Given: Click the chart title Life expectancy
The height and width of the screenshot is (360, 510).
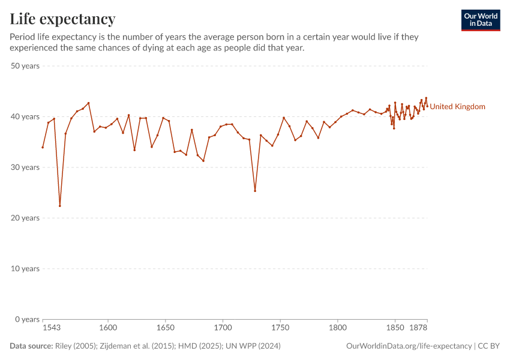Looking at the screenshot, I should (x=62, y=19).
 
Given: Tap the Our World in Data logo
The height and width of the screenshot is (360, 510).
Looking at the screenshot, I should (x=481, y=20).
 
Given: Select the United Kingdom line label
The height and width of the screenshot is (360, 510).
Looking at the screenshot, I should (x=457, y=107).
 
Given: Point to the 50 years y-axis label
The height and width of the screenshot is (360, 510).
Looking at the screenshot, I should (x=25, y=66).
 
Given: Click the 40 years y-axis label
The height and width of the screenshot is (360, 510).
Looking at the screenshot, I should (x=25, y=116).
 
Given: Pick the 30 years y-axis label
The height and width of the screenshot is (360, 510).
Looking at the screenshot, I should (x=25, y=167).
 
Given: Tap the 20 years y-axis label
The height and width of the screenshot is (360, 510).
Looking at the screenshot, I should (x=25, y=218).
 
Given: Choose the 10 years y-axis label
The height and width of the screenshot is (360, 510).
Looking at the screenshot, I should (x=25, y=268).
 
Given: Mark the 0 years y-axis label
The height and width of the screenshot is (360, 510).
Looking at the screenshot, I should (x=27, y=319).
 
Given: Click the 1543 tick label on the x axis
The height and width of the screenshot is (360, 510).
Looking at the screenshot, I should (x=52, y=329).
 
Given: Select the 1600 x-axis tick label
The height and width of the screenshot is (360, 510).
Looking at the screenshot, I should (x=108, y=329).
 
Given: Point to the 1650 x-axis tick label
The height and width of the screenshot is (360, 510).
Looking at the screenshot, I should (x=166, y=329).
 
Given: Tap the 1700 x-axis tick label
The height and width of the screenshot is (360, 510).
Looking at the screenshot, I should (x=223, y=329).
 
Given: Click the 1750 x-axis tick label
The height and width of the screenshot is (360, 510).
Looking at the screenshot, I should (x=280, y=329).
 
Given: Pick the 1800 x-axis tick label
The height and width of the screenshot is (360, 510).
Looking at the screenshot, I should (x=338, y=329).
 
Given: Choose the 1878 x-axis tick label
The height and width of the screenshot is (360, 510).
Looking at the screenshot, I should (x=418, y=329).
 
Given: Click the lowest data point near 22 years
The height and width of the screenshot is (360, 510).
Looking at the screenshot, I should (x=60, y=206).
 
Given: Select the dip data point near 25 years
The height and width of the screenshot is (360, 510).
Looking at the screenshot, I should (x=255, y=191).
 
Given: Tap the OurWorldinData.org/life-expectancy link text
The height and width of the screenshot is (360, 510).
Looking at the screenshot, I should (x=409, y=346).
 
